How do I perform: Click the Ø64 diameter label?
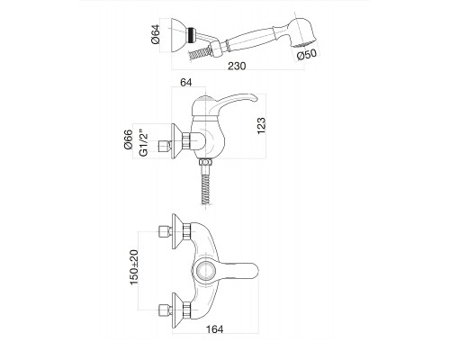click(x=157, y=34)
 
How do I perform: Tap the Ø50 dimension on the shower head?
click(x=307, y=55)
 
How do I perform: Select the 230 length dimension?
click(x=237, y=66)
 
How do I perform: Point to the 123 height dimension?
click(x=261, y=126)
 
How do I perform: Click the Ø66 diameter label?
click(x=128, y=139)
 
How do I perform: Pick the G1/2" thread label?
click(x=144, y=143)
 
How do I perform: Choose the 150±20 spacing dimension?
click(x=134, y=267)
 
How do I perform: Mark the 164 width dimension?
click(x=215, y=329)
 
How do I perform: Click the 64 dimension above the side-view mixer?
click(x=186, y=82)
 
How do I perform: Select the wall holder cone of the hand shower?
click(x=178, y=35)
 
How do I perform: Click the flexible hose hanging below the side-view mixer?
click(x=205, y=184)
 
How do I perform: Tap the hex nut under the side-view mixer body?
click(x=205, y=162)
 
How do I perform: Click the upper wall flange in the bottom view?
click(x=176, y=231)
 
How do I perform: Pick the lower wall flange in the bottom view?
click(x=176, y=310)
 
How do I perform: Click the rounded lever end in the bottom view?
click(x=251, y=271)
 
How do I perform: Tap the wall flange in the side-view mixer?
click(x=176, y=141)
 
